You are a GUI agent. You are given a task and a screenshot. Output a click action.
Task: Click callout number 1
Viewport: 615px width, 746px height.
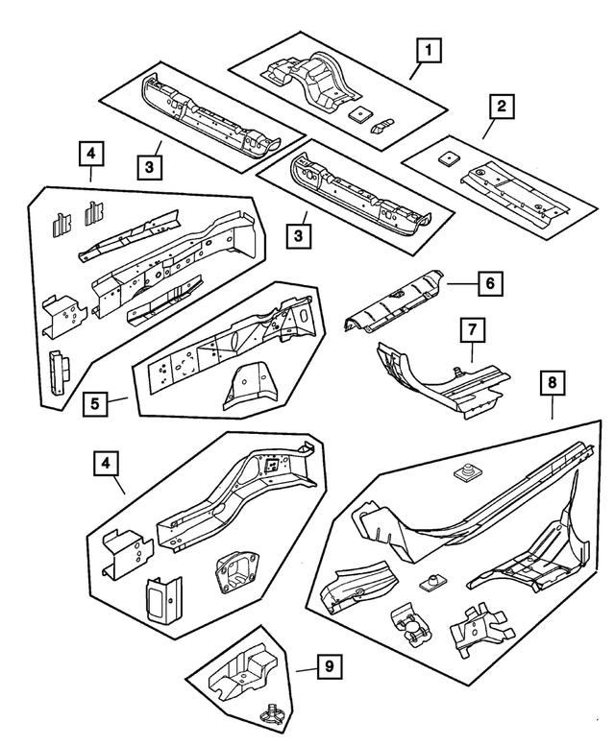429,47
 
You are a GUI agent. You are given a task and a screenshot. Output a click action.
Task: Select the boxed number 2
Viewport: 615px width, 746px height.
499,106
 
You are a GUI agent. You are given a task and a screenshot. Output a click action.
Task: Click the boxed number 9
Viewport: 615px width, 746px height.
328,663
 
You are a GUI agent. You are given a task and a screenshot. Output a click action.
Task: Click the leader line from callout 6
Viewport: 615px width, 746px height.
460,283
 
